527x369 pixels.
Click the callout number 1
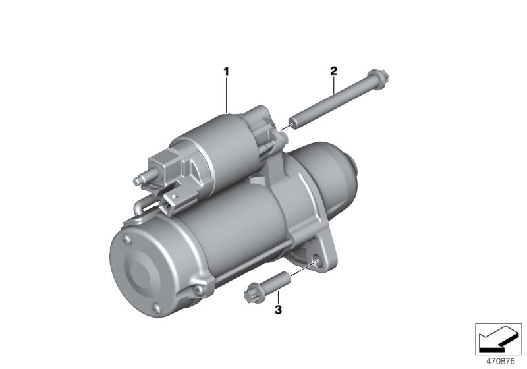[x=226, y=72]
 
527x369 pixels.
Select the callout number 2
[x=333, y=71]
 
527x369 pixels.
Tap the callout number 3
[x=278, y=310]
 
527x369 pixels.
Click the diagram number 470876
[x=501, y=362]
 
